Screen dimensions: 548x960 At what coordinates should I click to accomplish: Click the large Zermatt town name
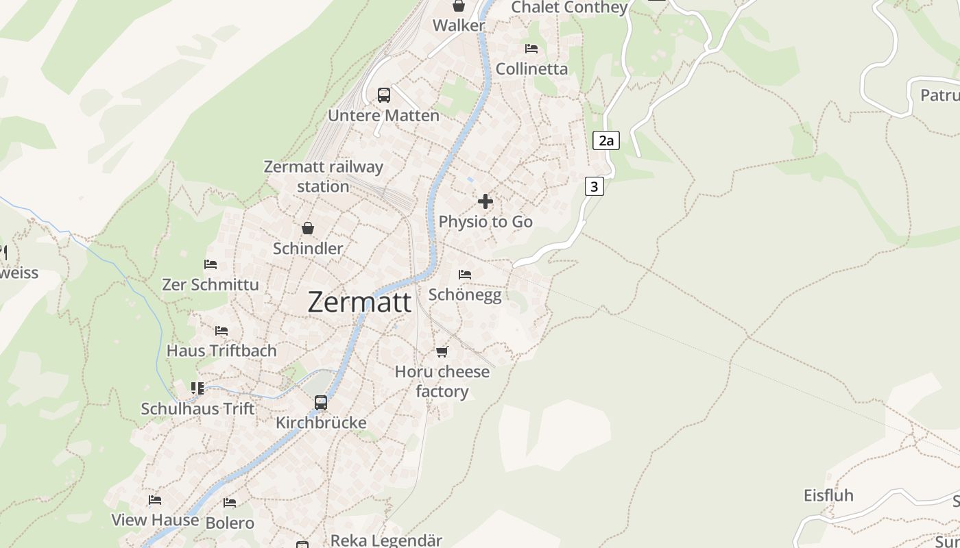(x=359, y=302)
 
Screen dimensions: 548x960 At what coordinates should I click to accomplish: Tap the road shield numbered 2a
(x=605, y=141)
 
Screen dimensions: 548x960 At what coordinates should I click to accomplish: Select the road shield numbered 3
(x=594, y=186)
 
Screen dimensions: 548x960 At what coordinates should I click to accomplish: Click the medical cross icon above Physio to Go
(x=485, y=201)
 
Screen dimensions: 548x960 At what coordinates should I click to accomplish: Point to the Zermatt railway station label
(x=323, y=176)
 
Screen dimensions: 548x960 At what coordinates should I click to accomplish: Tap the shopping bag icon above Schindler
(x=308, y=228)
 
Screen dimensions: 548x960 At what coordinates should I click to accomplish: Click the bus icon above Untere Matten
(x=384, y=95)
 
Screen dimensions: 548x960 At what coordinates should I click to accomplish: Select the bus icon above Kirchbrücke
(x=321, y=403)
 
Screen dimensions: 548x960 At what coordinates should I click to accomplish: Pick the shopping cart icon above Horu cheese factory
(x=442, y=351)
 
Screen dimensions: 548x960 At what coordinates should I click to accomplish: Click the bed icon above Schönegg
(x=465, y=275)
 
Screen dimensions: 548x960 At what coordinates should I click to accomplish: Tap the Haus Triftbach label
(x=221, y=351)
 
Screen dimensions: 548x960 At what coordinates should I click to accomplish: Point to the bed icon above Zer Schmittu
(x=211, y=264)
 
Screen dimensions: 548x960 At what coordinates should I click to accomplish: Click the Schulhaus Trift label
(x=197, y=409)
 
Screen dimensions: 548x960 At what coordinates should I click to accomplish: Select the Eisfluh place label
(x=828, y=495)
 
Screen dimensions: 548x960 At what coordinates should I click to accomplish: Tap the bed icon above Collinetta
(x=531, y=49)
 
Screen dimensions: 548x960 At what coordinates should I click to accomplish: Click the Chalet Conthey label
(x=569, y=8)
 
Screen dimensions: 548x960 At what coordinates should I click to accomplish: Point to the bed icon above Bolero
(x=230, y=503)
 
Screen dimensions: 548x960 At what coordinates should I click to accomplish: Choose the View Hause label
(x=155, y=520)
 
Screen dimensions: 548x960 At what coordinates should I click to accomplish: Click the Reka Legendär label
(x=386, y=540)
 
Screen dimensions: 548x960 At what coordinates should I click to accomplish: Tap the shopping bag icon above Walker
(x=458, y=6)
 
